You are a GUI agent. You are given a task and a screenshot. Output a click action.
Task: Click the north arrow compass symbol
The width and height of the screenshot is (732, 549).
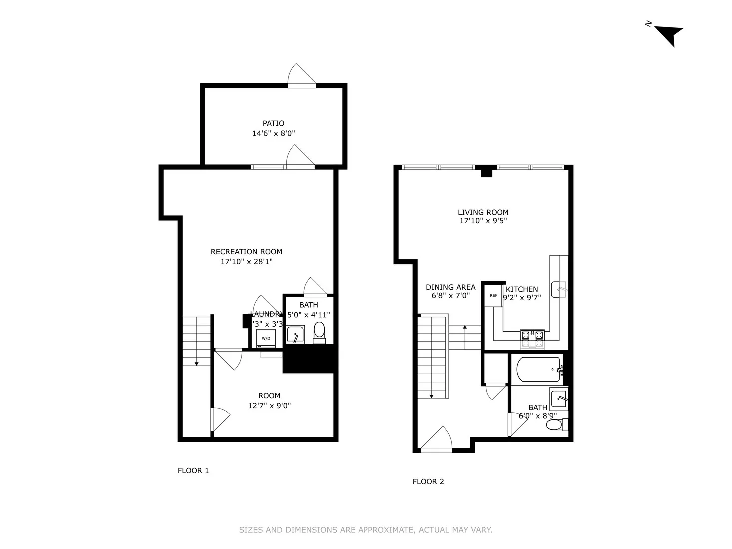tap(669, 35)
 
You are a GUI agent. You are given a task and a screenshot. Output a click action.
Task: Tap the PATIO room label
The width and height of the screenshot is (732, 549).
tap(273, 123)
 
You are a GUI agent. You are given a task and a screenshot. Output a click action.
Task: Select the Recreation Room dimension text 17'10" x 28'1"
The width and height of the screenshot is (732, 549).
tap(246, 261)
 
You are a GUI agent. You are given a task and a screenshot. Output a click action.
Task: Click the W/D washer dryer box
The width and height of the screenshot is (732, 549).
tap(265, 338)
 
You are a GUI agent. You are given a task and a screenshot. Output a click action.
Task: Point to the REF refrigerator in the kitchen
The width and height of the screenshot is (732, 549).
tap(493, 295)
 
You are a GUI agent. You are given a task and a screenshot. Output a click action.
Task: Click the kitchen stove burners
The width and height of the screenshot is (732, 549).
tap(532, 339)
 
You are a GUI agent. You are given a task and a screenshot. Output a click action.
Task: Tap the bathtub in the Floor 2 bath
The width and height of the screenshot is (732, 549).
tap(538, 369)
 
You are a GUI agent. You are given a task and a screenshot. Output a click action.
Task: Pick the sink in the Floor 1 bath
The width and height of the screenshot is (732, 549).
tap(296, 335)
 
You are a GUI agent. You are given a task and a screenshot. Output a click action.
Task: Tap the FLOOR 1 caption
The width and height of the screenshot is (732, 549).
tap(193, 470)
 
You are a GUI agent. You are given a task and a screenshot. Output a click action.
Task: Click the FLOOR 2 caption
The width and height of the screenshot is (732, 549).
tap(428, 481)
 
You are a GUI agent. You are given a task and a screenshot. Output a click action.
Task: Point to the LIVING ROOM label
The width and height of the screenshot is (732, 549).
tap(483, 212)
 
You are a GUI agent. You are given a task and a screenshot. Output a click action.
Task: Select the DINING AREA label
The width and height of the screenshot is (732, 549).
tap(450, 287)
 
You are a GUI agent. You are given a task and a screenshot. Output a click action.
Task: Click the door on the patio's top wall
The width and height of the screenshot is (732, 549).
tap(301, 76)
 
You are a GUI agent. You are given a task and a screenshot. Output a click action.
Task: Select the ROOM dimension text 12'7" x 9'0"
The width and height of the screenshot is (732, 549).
tap(269, 406)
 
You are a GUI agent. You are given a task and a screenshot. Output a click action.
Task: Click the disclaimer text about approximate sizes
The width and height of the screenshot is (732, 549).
tap(366, 530)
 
